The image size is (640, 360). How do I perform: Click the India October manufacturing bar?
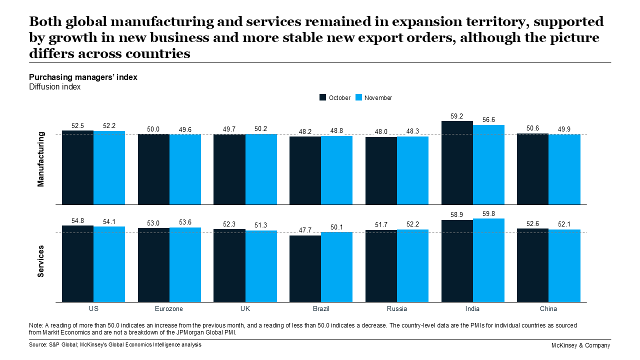457,162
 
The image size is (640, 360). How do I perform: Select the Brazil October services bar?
305,268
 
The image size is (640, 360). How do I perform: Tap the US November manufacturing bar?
109,167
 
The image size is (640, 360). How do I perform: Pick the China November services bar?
564,265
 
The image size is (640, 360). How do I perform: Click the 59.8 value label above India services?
488,213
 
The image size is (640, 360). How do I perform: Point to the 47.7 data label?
305,230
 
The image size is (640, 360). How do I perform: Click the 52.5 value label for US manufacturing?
78,125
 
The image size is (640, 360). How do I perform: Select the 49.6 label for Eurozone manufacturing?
184,129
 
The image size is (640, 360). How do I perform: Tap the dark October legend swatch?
322,97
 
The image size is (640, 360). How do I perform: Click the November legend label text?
378,98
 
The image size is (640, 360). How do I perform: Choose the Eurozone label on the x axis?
169,309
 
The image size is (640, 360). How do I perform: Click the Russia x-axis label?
396,309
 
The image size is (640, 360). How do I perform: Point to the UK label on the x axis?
245,309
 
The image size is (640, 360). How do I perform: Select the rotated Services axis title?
41,261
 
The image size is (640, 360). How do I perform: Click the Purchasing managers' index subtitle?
83,77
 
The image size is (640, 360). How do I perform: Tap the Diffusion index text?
54,87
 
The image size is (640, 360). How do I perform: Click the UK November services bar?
261,266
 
